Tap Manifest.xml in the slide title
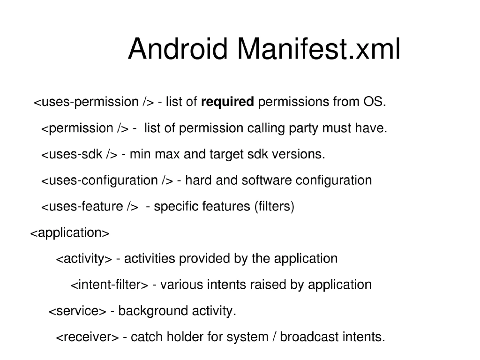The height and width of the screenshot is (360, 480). point(319,49)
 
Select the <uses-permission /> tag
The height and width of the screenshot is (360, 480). point(94,102)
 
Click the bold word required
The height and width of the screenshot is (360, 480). point(227,102)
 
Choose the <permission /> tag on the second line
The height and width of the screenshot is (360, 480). point(85,128)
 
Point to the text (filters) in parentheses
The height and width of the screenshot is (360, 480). point(274,207)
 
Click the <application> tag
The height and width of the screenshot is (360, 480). point(70,233)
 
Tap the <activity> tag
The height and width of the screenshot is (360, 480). point(84,259)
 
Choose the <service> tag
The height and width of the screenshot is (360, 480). point(77,311)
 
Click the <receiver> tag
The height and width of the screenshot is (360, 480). point(87,337)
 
